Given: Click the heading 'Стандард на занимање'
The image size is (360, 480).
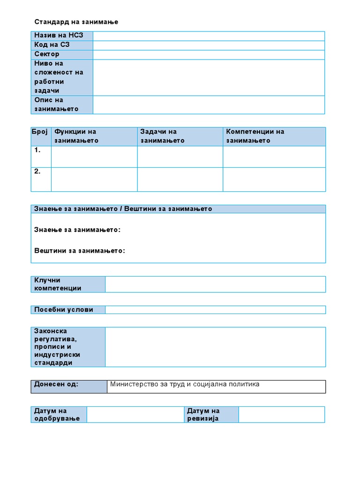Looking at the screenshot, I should [x=76, y=22].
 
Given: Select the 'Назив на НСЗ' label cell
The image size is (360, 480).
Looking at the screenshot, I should [x=62, y=36].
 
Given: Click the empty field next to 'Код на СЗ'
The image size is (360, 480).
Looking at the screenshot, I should [x=209, y=45].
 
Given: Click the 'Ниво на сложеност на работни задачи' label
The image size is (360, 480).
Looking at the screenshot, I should [x=62, y=77].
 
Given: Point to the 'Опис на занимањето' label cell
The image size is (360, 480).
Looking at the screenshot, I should [x=62, y=105].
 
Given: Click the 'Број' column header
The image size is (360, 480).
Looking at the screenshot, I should [x=41, y=132].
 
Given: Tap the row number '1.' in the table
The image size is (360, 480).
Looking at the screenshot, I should [x=37, y=150].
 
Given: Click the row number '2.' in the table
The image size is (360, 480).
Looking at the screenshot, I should [x=37, y=172].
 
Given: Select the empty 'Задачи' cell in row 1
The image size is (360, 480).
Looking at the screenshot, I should [x=180, y=157].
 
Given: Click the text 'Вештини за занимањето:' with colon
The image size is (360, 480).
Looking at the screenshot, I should [x=80, y=251].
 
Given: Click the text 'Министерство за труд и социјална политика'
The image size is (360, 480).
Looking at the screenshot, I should [x=185, y=384].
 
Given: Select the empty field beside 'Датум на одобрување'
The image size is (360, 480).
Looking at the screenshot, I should [x=135, y=414].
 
